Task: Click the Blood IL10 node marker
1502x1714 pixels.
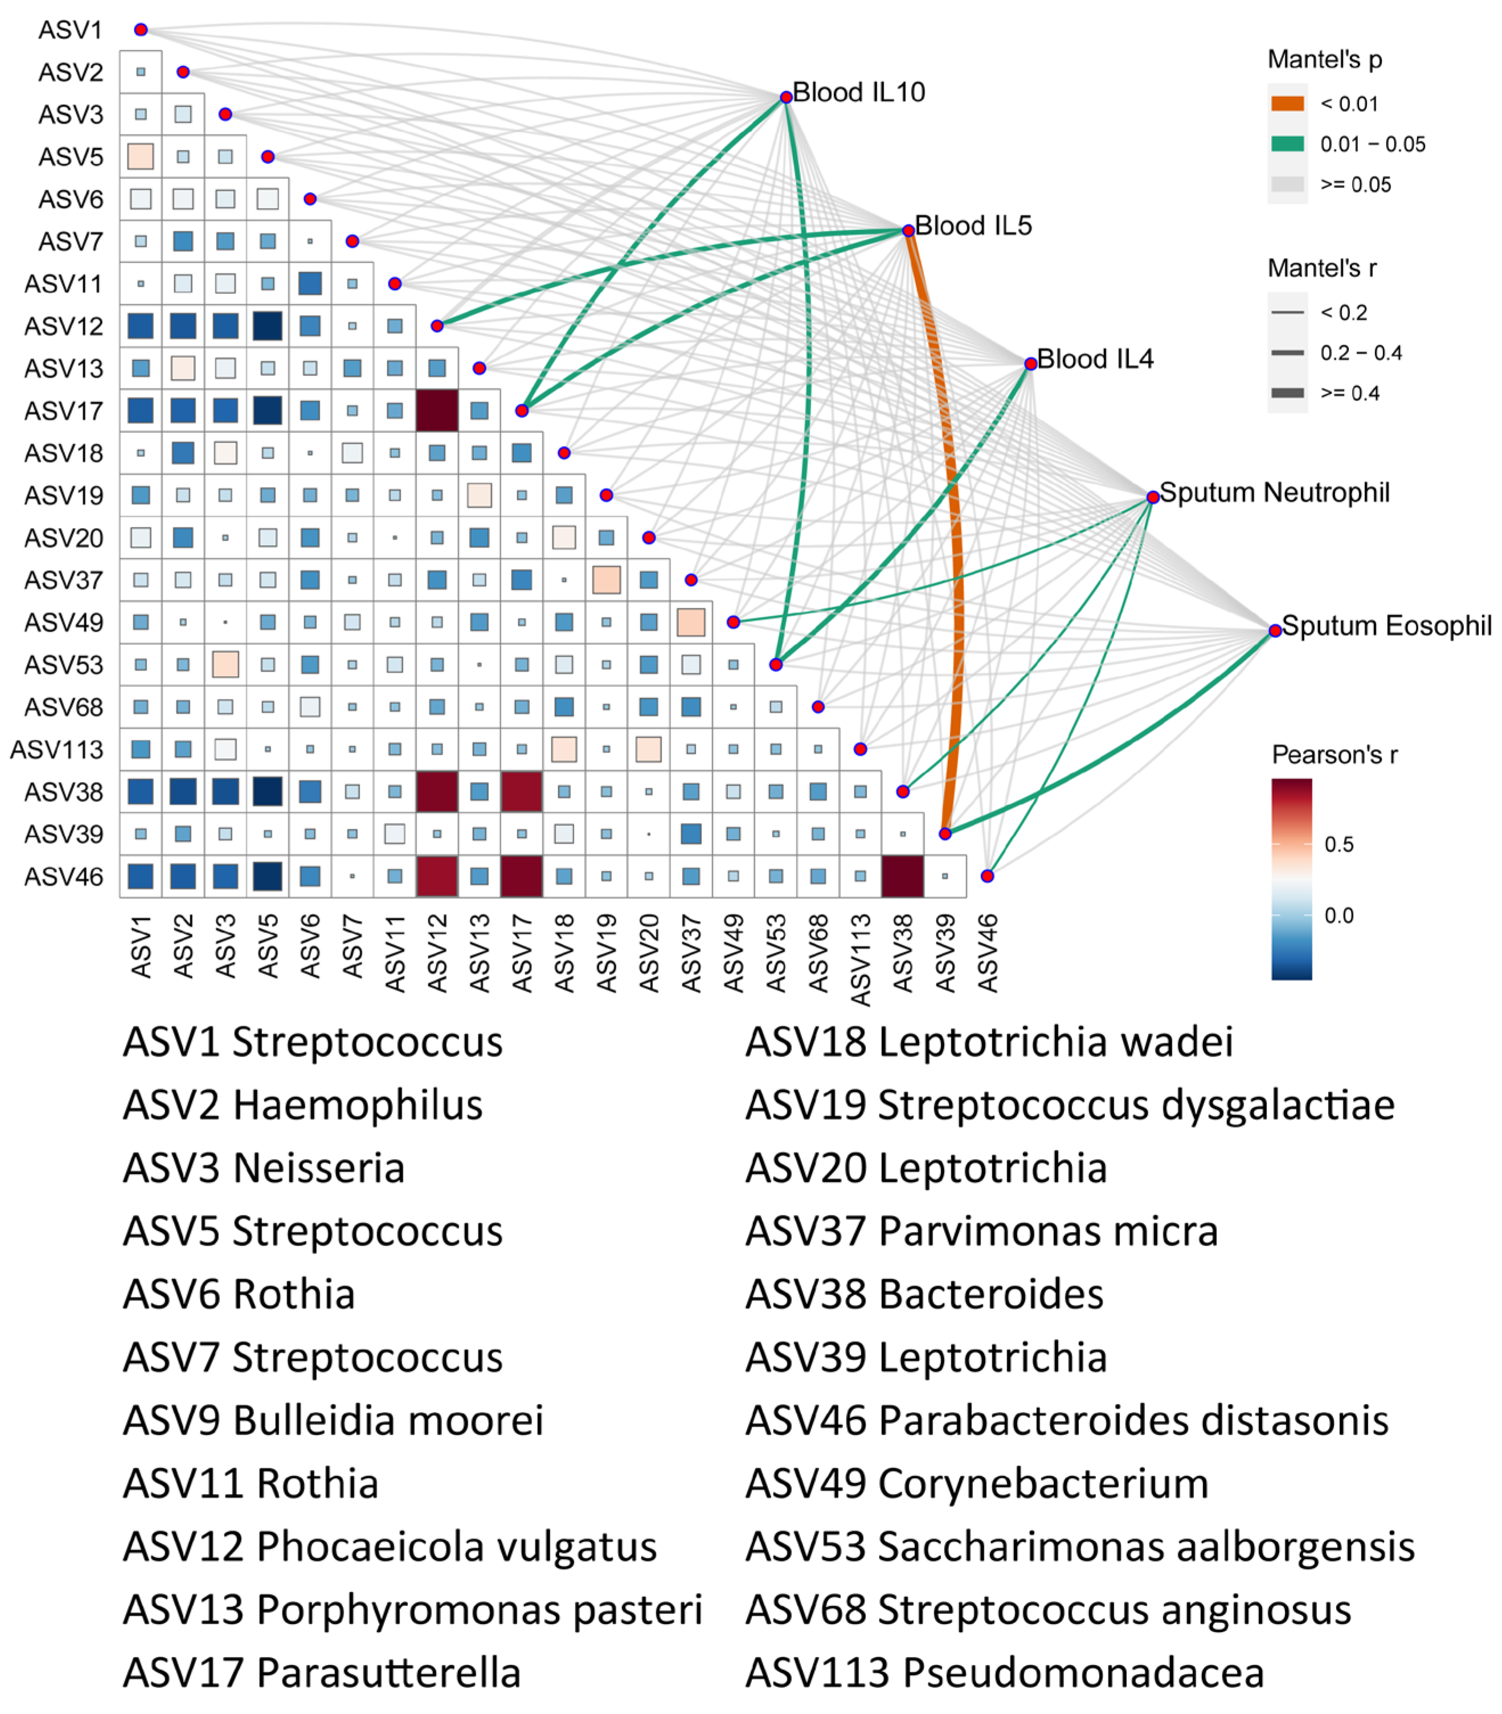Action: click(x=785, y=97)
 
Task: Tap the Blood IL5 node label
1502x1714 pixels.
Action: click(x=972, y=226)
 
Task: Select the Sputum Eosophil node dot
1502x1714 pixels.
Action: click(x=1275, y=630)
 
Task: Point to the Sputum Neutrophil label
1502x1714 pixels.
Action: click(x=1274, y=493)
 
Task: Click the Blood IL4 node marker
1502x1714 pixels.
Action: click(x=1030, y=364)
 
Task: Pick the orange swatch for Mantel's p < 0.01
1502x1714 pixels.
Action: click(x=1287, y=104)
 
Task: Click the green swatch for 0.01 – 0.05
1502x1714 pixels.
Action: click(x=1287, y=144)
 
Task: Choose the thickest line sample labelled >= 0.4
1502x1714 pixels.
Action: click(x=1287, y=393)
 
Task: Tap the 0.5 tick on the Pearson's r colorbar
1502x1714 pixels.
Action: click(x=1339, y=844)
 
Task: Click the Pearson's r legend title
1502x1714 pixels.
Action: click(x=1335, y=755)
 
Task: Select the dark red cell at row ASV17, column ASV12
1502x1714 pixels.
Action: click(x=437, y=411)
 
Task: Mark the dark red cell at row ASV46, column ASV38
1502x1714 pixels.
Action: click(x=903, y=876)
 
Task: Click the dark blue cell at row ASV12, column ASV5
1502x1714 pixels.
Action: click(x=267, y=326)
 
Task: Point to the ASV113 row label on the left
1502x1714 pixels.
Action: click(x=57, y=749)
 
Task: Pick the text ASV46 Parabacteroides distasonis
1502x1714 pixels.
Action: click(x=1067, y=1421)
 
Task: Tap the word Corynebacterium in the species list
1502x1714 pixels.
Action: click(x=1043, y=1483)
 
